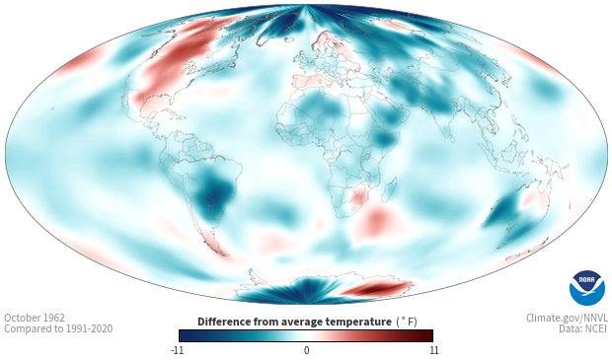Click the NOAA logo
(x=587, y=287)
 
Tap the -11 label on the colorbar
(x=177, y=350)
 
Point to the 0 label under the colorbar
(x=306, y=350)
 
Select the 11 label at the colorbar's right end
(x=434, y=350)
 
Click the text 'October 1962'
(x=35, y=318)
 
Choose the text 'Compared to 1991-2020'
(x=58, y=328)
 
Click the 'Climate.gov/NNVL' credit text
(x=567, y=318)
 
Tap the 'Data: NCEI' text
(x=583, y=328)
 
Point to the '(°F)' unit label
(x=407, y=322)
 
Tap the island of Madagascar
(x=389, y=189)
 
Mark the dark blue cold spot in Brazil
(x=216, y=192)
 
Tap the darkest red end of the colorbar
(x=428, y=335)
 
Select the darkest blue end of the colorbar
(x=185, y=335)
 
